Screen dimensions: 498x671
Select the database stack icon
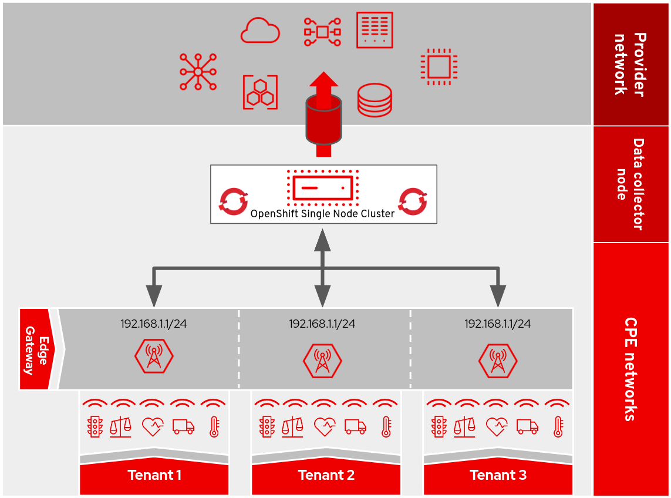374,100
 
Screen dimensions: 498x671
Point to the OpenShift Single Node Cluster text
322,213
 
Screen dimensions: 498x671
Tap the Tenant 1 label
154,475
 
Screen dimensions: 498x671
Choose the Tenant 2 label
326,475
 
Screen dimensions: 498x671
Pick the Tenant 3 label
498,475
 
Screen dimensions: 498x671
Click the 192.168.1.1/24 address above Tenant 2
322,324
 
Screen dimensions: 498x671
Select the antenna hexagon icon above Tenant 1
154,356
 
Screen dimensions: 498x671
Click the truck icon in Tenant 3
527,426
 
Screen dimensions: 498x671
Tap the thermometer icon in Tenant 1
214,427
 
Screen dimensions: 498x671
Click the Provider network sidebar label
630,64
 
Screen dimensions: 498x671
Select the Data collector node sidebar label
630,184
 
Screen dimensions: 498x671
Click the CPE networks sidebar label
630,369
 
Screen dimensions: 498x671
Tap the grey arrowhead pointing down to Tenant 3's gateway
498,296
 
